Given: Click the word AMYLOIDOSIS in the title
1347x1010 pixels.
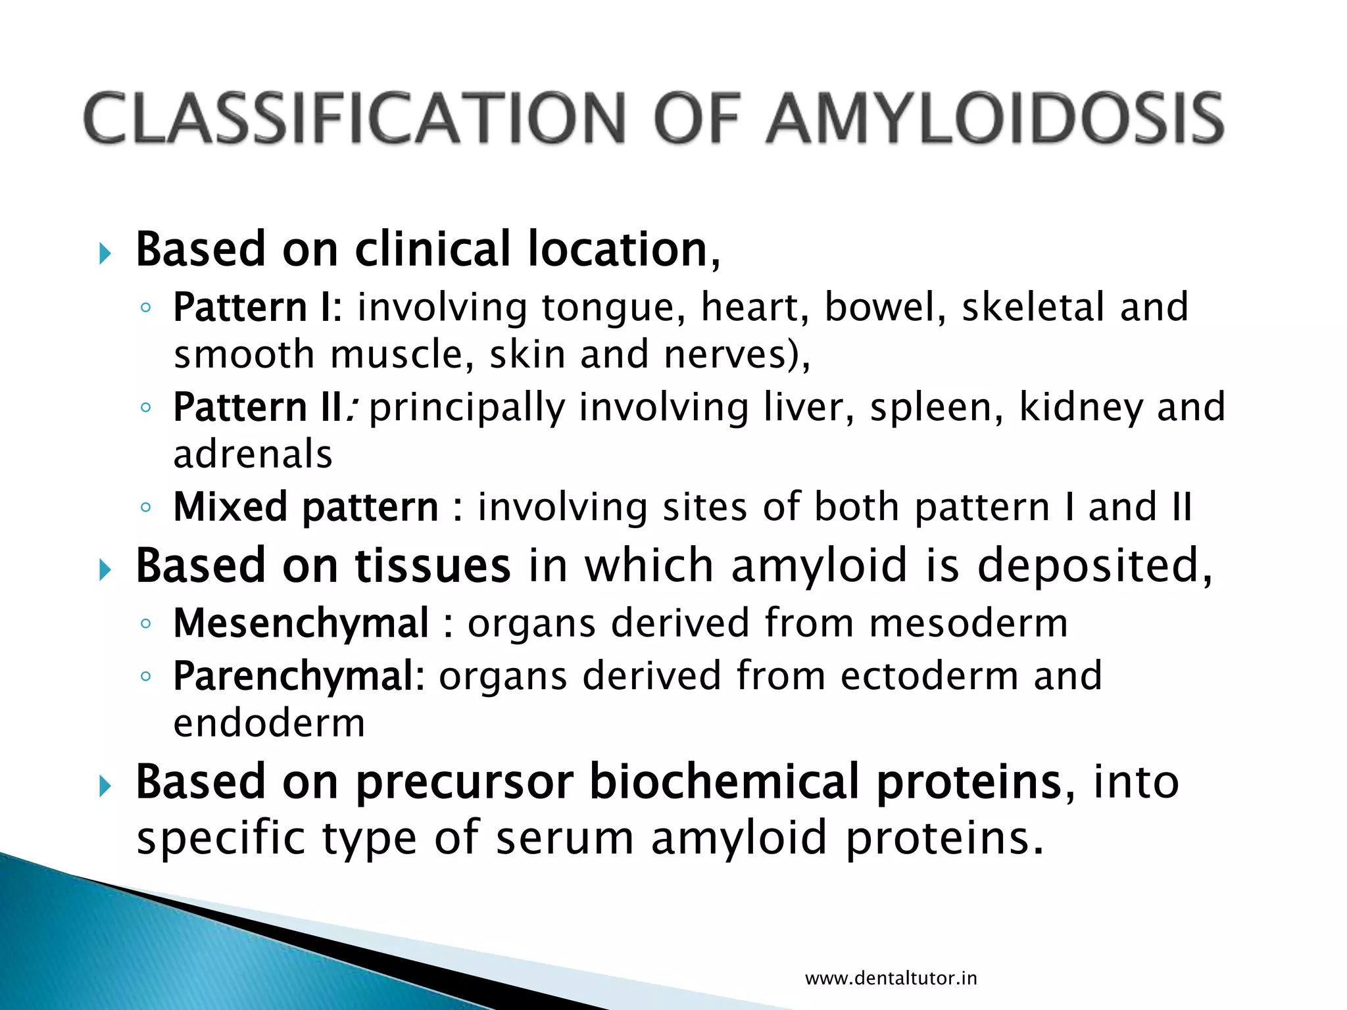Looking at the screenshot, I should pyautogui.click(x=994, y=118).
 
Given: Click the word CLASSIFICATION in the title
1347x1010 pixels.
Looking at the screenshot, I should pyautogui.click(x=355, y=118).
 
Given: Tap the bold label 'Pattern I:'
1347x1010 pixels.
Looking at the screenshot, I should pyautogui.click(x=257, y=307).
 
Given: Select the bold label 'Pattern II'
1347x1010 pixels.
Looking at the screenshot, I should pyautogui.click(x=257, y=407).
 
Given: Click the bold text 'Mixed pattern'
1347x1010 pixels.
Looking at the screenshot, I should pyautogui.click(x=305, y=507).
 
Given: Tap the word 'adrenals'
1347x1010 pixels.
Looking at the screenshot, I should pyautogui.click(x=253, y=454).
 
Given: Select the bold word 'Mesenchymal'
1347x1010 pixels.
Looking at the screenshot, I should pyautogui.click(x=301, y=623).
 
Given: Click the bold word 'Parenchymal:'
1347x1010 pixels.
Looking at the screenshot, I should pyautogui.click(x=299, y=676).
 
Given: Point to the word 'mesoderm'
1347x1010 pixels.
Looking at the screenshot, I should pyautogui.click(x=968, y=623).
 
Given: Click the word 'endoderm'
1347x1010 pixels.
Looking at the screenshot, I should pyautogui.click(x=269, y=723).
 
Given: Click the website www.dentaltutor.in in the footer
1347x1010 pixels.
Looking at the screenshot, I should pyautogui.click(x=891, y=978).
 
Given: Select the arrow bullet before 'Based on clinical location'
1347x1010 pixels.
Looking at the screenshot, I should pyautogui.click(x=105, y=253).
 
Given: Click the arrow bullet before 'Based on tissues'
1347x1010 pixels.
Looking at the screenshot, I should pyautogui.click(x=105, y=569).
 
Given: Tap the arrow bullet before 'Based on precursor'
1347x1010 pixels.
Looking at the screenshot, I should pyautogui.click(x=105, y=786).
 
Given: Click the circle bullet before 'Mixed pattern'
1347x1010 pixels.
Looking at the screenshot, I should pyautogui.click(x=146, y=508).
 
